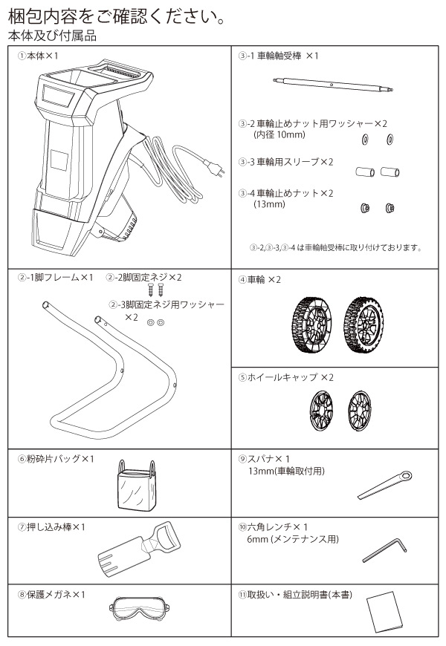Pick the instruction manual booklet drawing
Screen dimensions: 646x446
(387, 611)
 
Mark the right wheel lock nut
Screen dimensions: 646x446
(390, 209)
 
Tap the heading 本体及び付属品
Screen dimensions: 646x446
(51, 35)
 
